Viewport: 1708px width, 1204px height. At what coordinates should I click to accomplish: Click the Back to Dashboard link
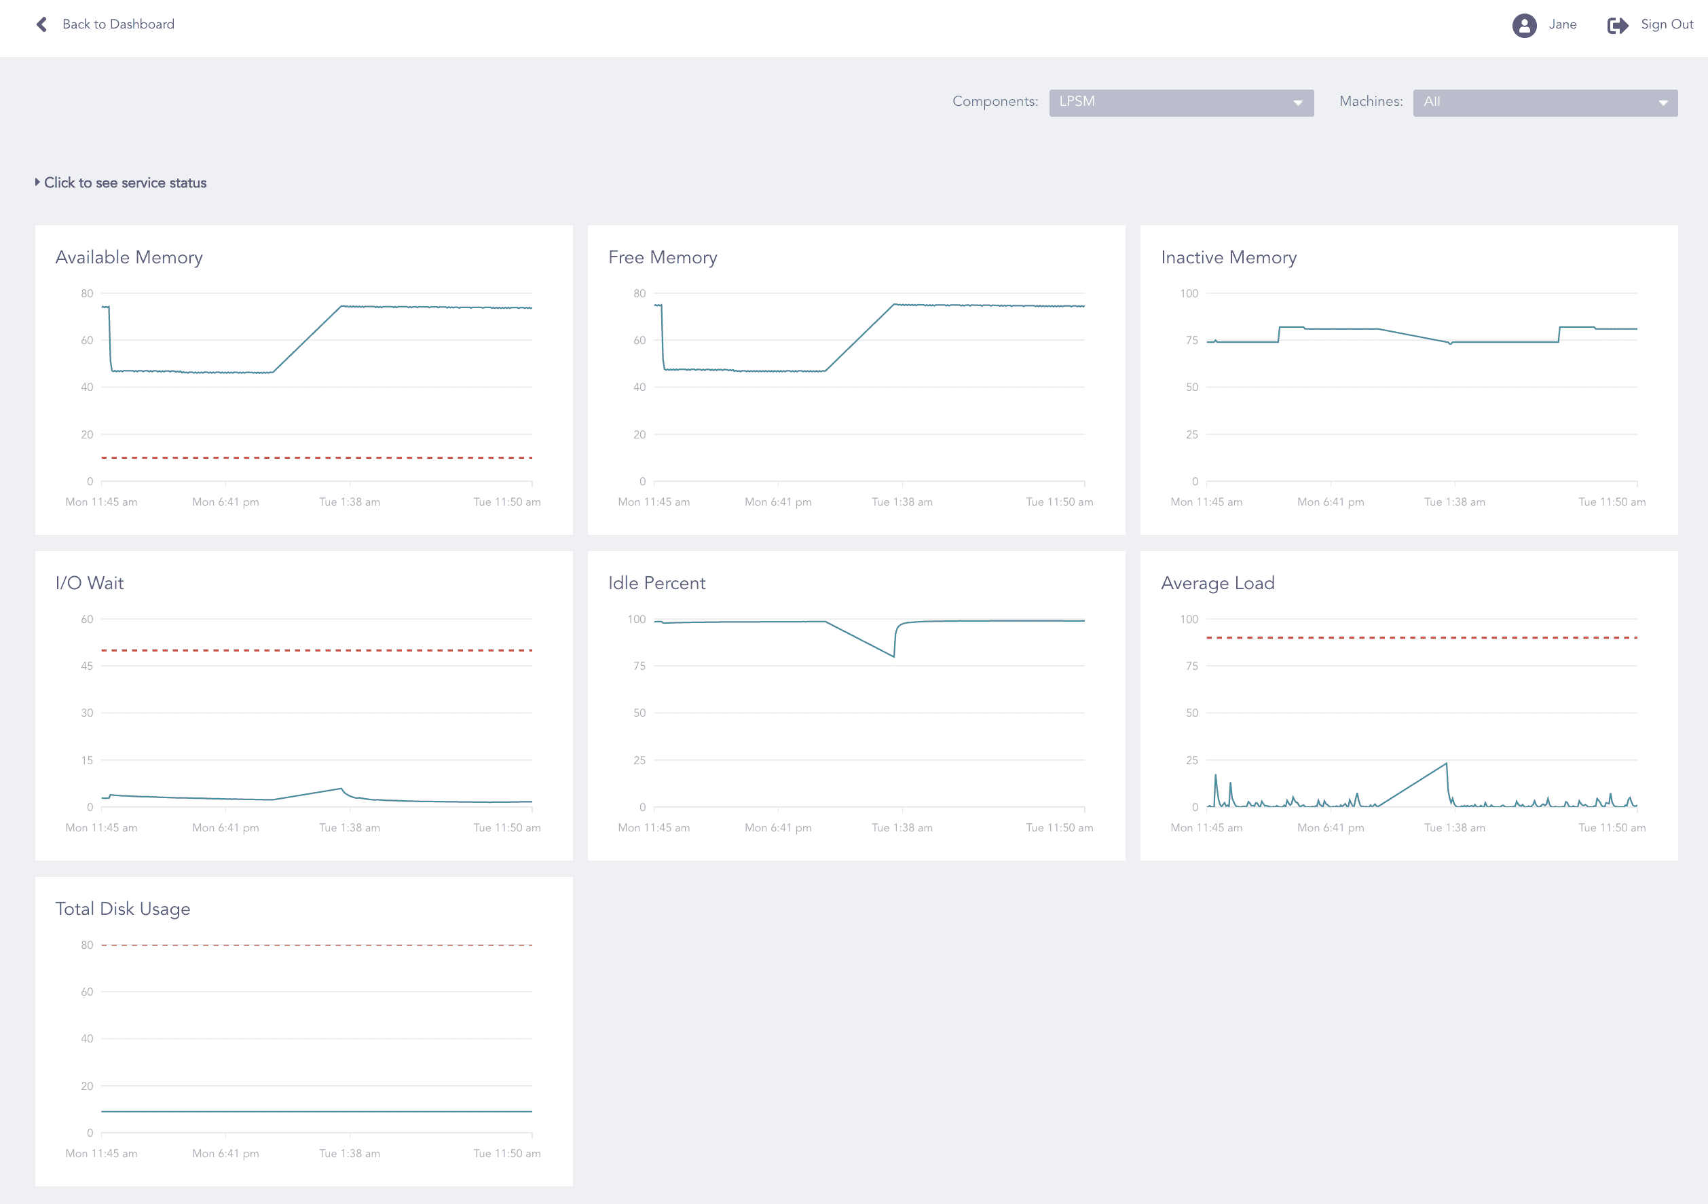117,24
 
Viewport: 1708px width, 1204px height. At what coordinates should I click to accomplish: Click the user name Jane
1562,24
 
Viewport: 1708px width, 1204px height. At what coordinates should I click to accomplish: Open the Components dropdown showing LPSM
1181,102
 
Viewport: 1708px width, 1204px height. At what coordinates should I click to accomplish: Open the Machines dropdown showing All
1544,102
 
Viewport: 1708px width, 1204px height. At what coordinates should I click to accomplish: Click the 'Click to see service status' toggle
124,183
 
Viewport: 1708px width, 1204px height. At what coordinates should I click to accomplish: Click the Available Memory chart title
129,257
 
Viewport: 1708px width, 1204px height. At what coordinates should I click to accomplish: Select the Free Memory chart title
662,257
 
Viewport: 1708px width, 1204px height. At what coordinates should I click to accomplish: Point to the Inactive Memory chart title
1228,257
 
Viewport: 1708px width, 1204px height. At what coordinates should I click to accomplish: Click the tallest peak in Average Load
1446,764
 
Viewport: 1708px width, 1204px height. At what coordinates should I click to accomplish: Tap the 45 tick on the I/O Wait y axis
87,666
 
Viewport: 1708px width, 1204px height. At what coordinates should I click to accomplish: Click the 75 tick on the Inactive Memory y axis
1192,341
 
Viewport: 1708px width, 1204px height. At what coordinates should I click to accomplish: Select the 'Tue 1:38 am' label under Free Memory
902,502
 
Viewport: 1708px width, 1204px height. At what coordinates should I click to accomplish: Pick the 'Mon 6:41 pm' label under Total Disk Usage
225,1153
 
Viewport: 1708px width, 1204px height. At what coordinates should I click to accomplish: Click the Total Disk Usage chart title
123,909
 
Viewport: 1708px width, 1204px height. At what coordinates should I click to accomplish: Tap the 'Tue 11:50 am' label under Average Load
1612,828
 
